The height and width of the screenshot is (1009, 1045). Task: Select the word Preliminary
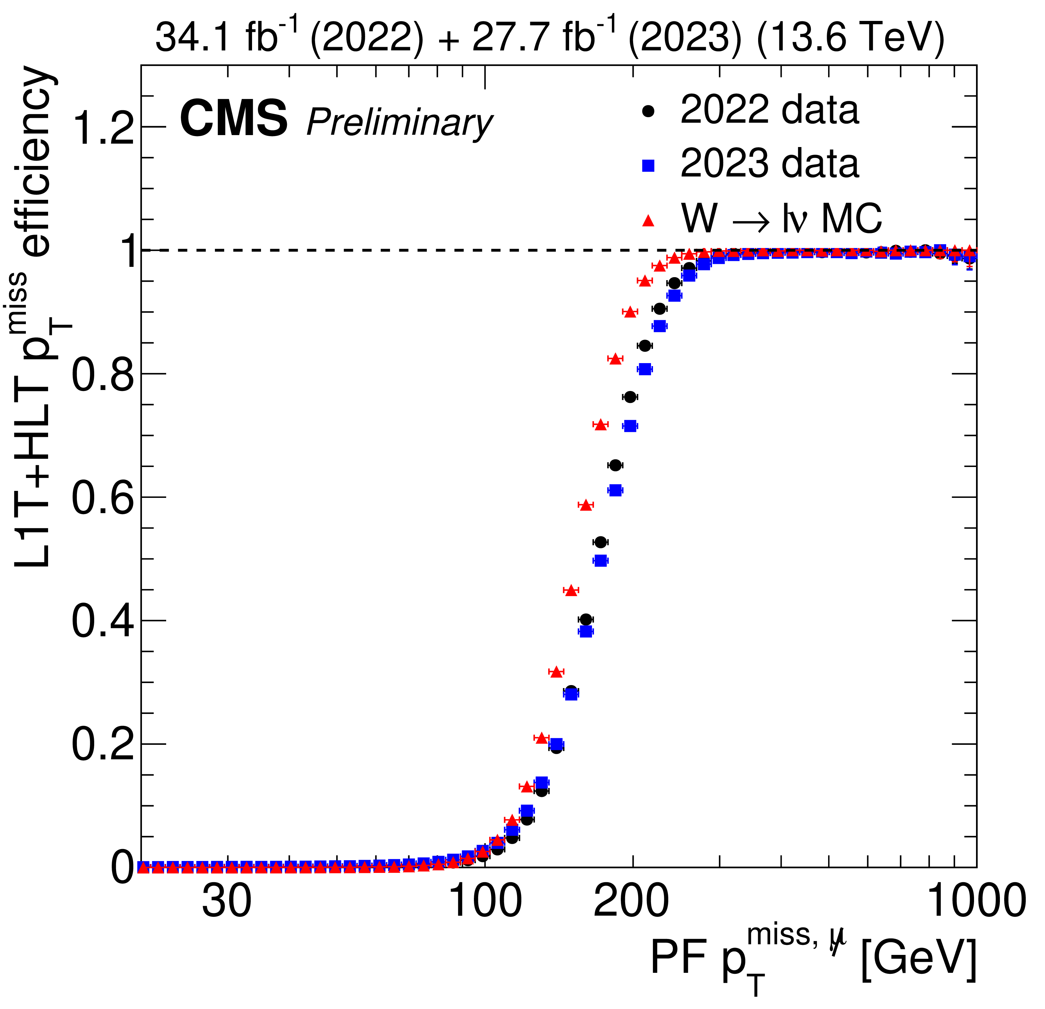click(x=400, y=123)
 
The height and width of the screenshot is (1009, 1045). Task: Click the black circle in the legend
click(x=648, y=111)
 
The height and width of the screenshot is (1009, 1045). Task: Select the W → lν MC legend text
click(x=781, y=219)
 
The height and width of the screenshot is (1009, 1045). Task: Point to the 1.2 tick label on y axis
click(x=103, y=128)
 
